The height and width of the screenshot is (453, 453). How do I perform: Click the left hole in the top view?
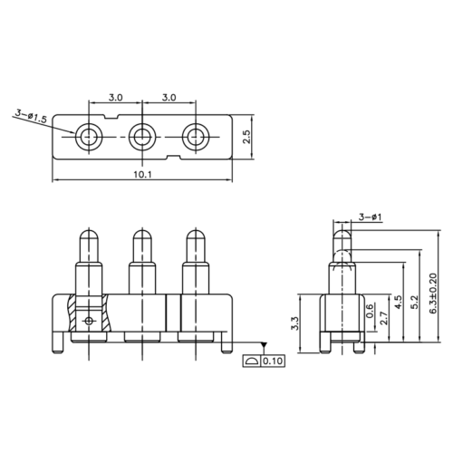tap(88, 138)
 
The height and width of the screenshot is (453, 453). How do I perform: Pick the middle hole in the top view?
tap(141, 138)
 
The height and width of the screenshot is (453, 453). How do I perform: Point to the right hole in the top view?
tap(195, 138)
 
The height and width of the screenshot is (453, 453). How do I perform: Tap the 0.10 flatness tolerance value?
tap(273, 362)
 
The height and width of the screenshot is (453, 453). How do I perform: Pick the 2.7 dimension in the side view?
tap(385, 318)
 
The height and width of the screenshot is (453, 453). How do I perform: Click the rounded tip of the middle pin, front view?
tap(140, 238)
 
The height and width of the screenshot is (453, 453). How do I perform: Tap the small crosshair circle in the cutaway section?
tap(88, 322)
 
